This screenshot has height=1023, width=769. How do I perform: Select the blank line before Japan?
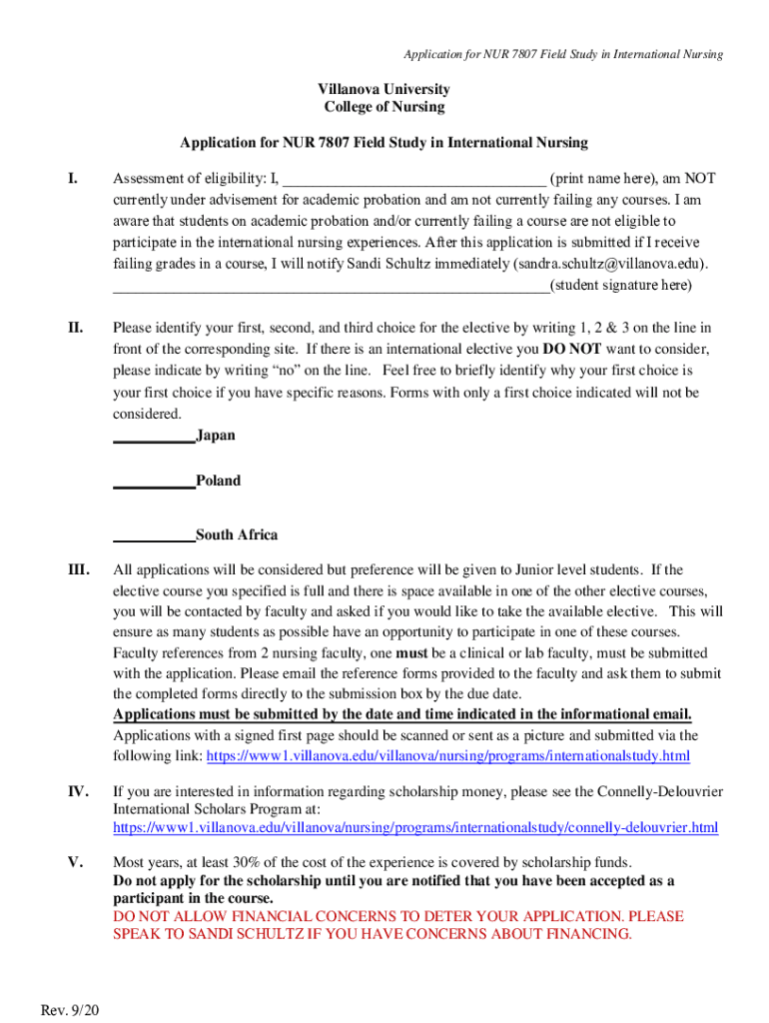154,438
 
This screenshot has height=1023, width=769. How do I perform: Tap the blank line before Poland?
154,483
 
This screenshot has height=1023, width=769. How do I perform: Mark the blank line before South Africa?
154,536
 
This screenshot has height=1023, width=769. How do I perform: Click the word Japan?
217,436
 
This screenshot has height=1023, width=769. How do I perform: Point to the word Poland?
219,481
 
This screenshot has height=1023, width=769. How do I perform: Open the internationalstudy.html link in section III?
447,756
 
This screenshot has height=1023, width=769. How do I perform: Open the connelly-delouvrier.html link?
415,827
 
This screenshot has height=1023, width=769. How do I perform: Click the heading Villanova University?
384,90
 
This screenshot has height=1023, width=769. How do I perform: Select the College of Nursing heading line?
384,107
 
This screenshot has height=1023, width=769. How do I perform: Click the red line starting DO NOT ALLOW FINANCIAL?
397,916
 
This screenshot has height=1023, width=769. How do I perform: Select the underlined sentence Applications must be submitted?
402,714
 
